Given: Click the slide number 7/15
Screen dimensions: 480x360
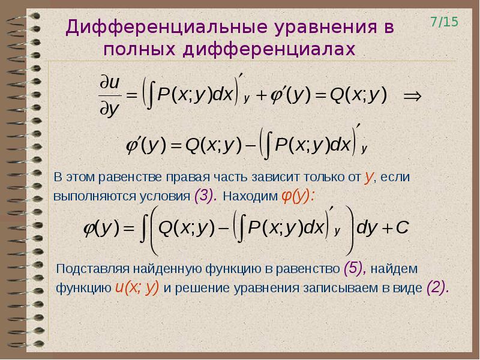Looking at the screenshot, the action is [x=445, y=22].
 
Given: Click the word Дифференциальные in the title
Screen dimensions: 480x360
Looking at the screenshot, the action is [x=166, y=28].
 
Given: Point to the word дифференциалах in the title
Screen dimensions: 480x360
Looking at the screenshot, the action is [x=269, y=50].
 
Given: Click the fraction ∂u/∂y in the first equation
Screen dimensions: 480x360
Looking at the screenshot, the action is [x=110, y=96].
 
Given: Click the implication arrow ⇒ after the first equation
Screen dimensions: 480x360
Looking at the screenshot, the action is [x=412, y=97].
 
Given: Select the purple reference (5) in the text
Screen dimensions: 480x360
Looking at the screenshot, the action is [x=355, y=268].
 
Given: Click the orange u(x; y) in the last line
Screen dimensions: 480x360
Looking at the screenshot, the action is [x=137, y=287].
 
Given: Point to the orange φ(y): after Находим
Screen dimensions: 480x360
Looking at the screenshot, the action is [x=297, y=196].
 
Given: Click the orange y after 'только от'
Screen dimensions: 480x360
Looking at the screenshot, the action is [x=368, y=178].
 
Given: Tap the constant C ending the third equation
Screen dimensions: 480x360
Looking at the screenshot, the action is [x=402, y=228].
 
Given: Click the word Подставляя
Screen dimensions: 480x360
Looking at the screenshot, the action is [x=92, y=269].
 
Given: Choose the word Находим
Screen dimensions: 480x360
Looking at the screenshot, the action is [x=250, y=196].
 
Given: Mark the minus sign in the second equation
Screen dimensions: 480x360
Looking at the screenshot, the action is [x=250, y=146].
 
